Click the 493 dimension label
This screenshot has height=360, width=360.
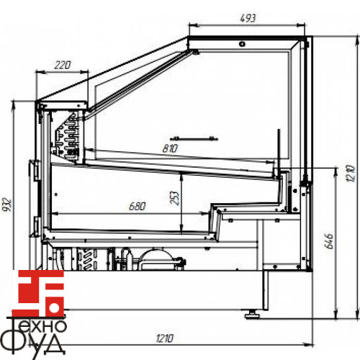tap(248, 18)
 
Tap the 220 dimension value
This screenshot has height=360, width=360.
tap(63, 65)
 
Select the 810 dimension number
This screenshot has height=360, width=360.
tap(170, 148)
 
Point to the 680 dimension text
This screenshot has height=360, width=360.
tap(137, 206)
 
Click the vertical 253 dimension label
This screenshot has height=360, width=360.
tap(175, 198)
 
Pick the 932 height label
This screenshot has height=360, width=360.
tap(6, 204)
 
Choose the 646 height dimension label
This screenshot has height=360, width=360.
tap(328, 240)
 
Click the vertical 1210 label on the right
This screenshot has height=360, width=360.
tap(351, 174)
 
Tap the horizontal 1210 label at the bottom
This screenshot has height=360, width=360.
tap(164, 338)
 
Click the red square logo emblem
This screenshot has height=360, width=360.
tap(38, 294)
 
